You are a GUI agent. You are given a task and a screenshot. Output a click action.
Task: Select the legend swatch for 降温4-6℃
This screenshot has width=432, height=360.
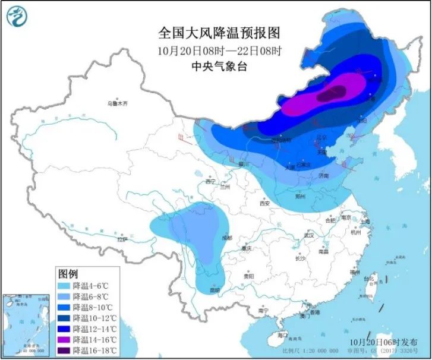[65, 285]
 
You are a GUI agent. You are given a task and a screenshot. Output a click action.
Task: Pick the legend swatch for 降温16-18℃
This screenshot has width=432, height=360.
[65, 350]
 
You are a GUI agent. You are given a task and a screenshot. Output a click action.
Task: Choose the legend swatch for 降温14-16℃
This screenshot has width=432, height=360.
[65, 339]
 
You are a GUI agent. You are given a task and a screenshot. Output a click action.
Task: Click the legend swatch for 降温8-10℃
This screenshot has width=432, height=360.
[65, 307]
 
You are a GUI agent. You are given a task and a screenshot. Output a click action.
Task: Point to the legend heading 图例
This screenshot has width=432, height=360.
[68, 273]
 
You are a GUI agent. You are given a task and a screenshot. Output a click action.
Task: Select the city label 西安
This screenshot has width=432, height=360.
[264, 203]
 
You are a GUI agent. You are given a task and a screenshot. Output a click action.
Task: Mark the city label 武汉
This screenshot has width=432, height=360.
[308, 235]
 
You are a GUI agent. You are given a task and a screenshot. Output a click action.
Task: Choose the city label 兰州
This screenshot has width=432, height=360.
[224, 187]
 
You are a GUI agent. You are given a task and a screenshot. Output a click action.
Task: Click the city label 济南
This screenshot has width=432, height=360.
[323, 176]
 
